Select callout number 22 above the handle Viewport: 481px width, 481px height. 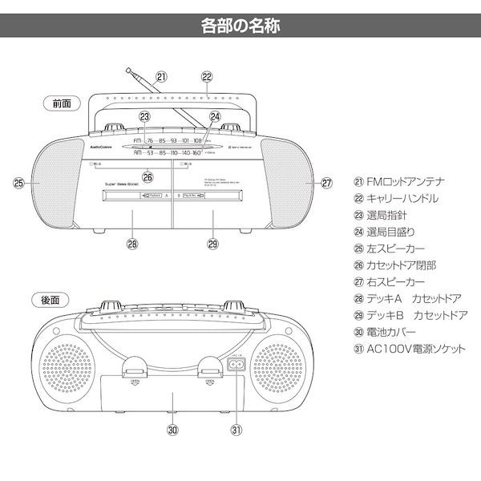[x=207, y=77]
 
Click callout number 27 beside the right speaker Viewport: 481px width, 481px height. [x=326, y=183]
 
